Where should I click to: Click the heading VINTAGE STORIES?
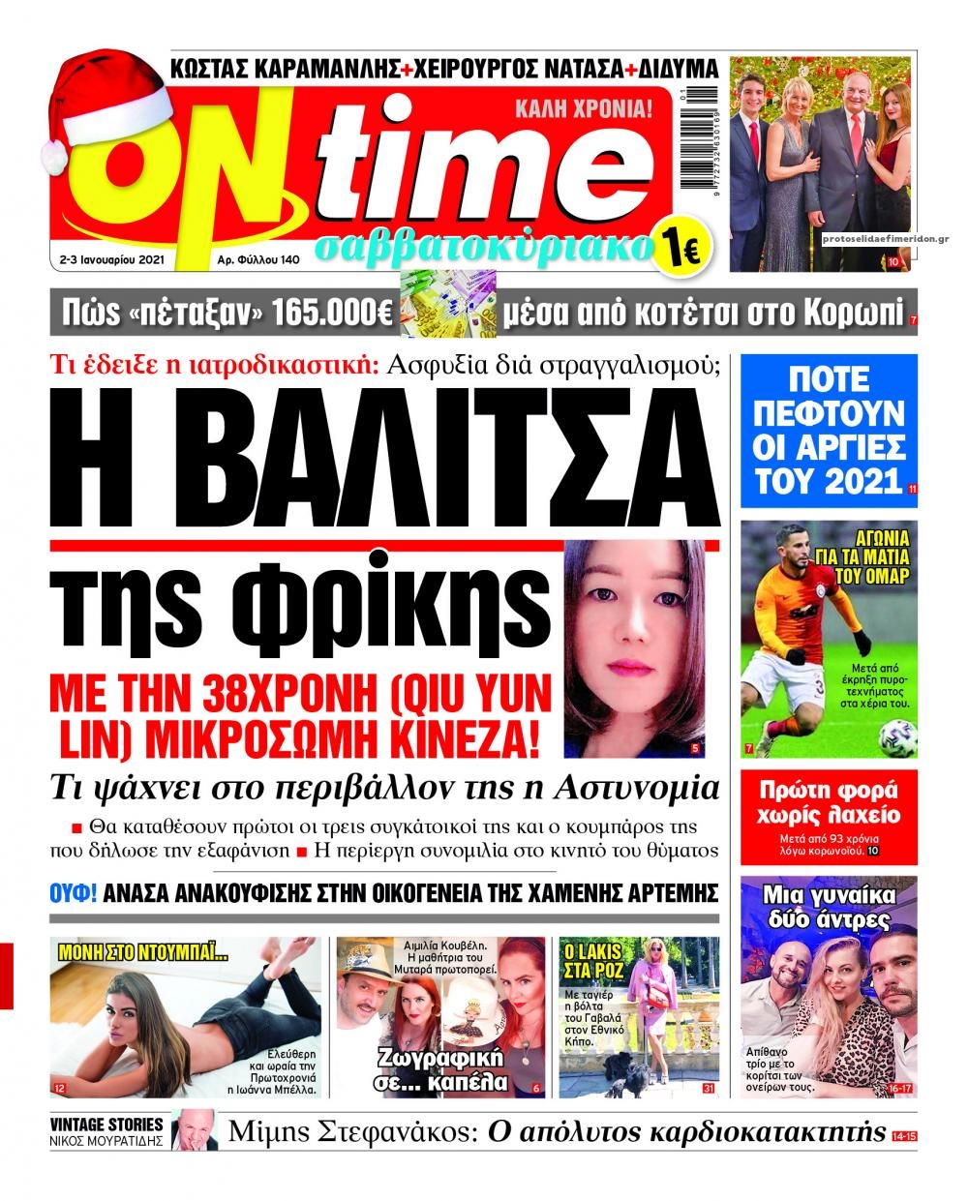point(107,1125)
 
